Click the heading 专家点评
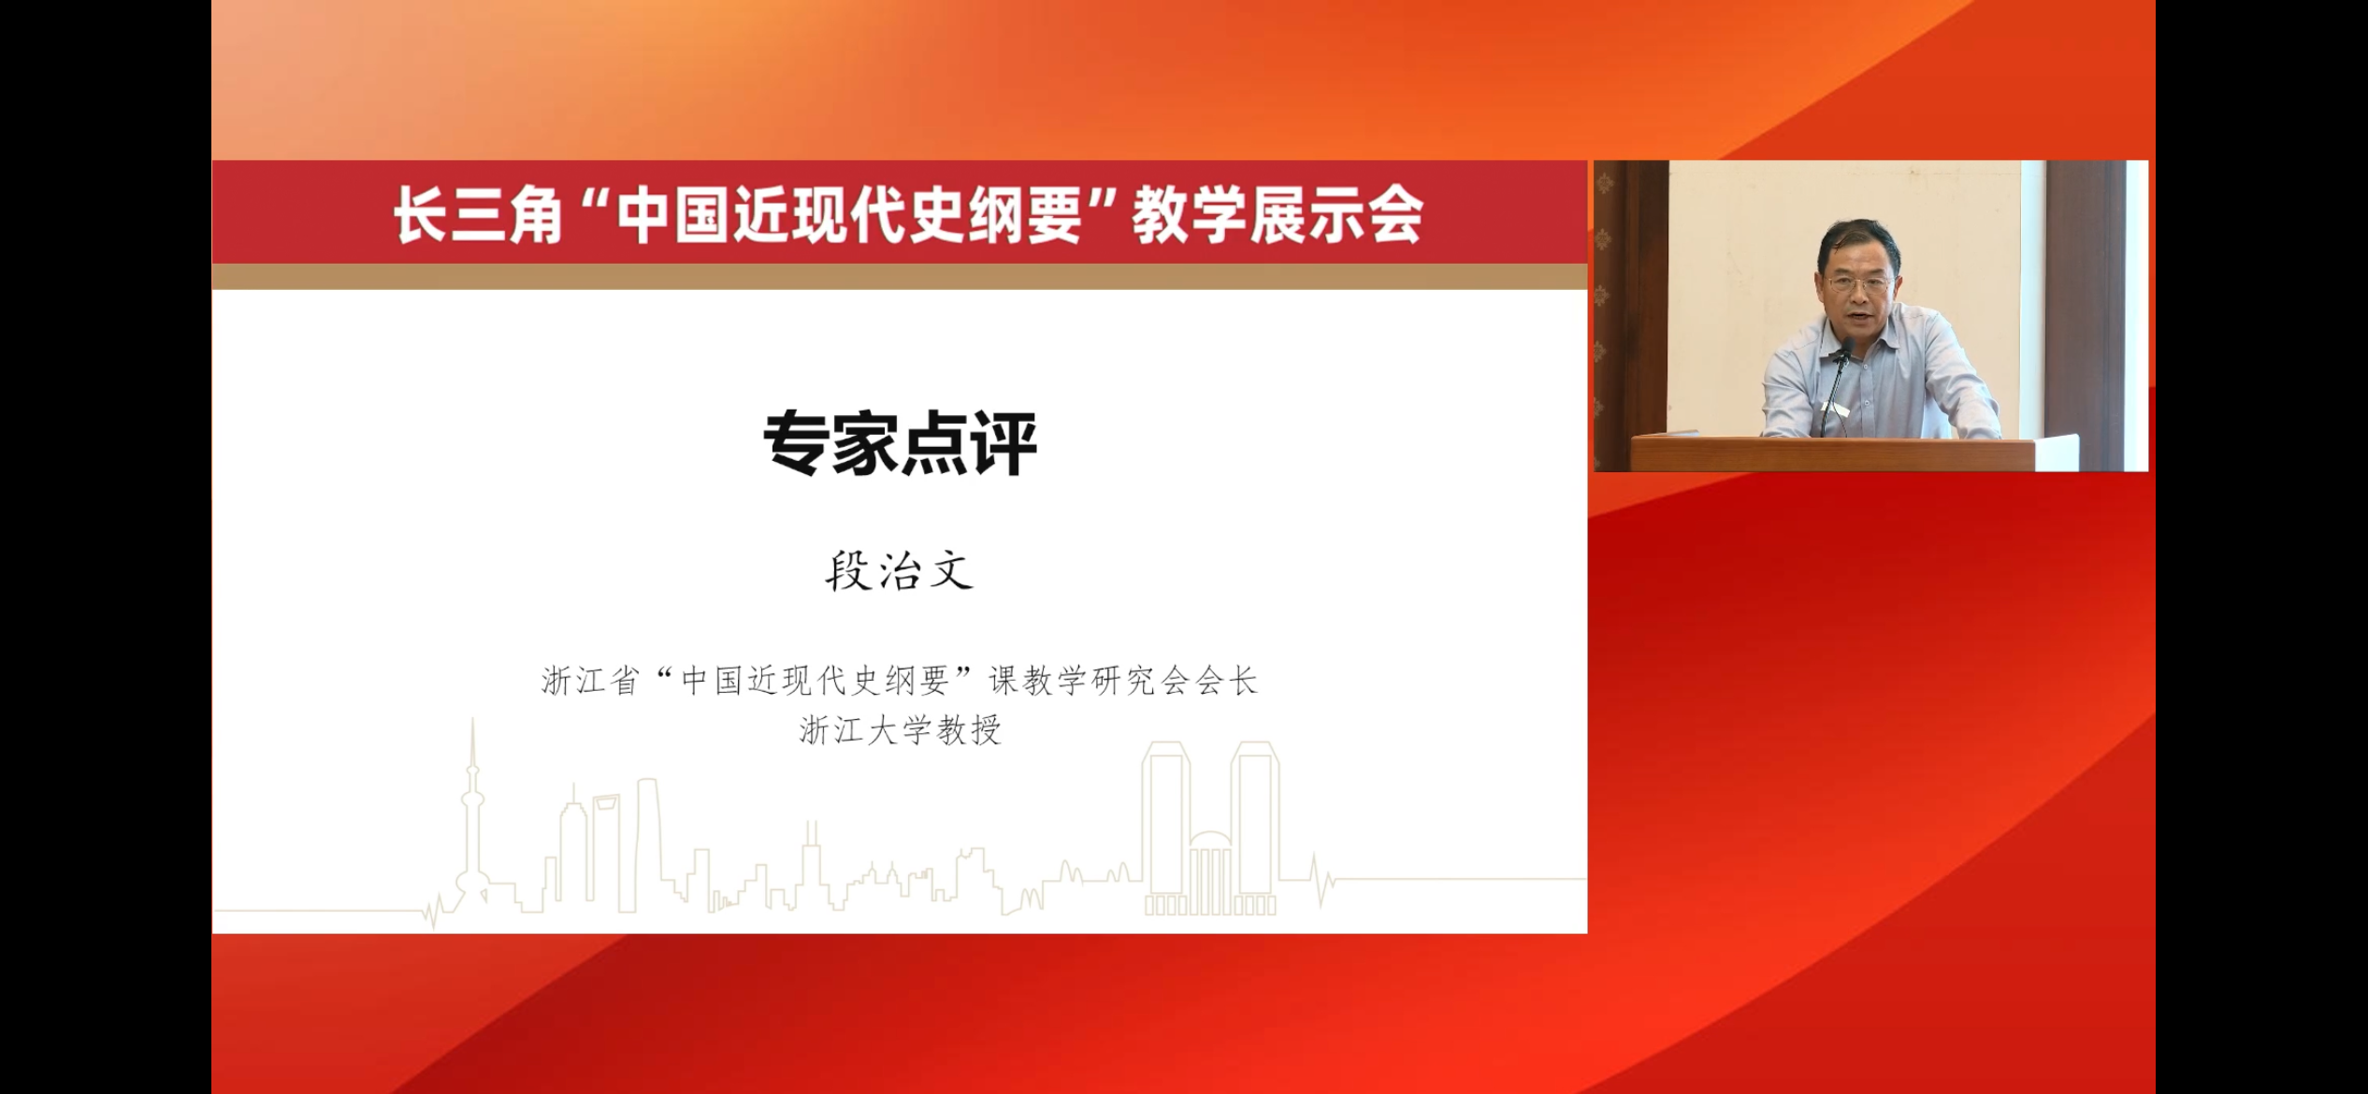900,443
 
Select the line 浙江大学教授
900,730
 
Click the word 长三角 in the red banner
477,215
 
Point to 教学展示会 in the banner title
1278,215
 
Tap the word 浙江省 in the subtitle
590,681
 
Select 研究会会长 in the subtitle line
1175,681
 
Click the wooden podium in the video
1833,453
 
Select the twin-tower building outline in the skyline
1211,828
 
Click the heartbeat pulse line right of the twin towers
1322,879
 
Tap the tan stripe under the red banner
900,276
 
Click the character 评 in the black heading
1004,443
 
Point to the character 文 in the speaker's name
950,570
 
